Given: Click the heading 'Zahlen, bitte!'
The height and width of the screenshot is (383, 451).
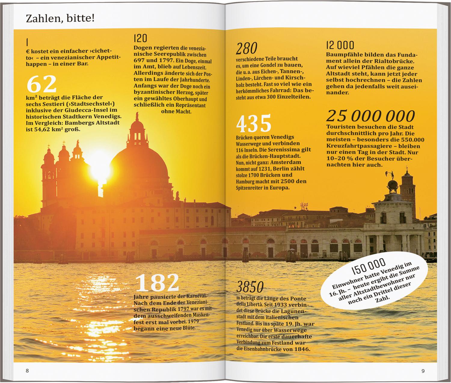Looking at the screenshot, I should click(x=60, y=19).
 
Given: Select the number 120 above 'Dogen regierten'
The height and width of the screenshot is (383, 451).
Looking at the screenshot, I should click(x=140, y=38).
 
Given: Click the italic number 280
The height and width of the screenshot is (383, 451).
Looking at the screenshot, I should click(x=247, y=48).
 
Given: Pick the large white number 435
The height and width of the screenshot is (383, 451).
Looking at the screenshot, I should click(x=254, y=124).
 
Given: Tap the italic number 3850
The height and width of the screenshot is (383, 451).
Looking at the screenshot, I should click(x=250, y=287).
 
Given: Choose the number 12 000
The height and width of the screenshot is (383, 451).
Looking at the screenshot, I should click(x=340, y=45).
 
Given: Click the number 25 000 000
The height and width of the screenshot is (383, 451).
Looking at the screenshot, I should click(x=370, y=116).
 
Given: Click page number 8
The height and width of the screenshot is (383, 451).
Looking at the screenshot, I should click(x=27, y=371).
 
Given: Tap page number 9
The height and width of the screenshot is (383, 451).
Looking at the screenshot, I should click(x=423, y=371).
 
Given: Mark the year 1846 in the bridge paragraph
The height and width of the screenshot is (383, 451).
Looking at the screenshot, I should click(x=302, y=349).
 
